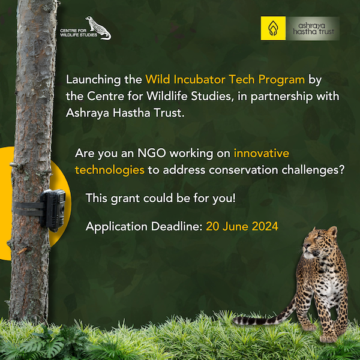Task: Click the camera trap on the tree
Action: (53, 209)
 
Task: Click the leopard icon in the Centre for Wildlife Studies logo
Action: (98, 28)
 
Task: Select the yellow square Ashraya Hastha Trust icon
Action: (273, 28)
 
